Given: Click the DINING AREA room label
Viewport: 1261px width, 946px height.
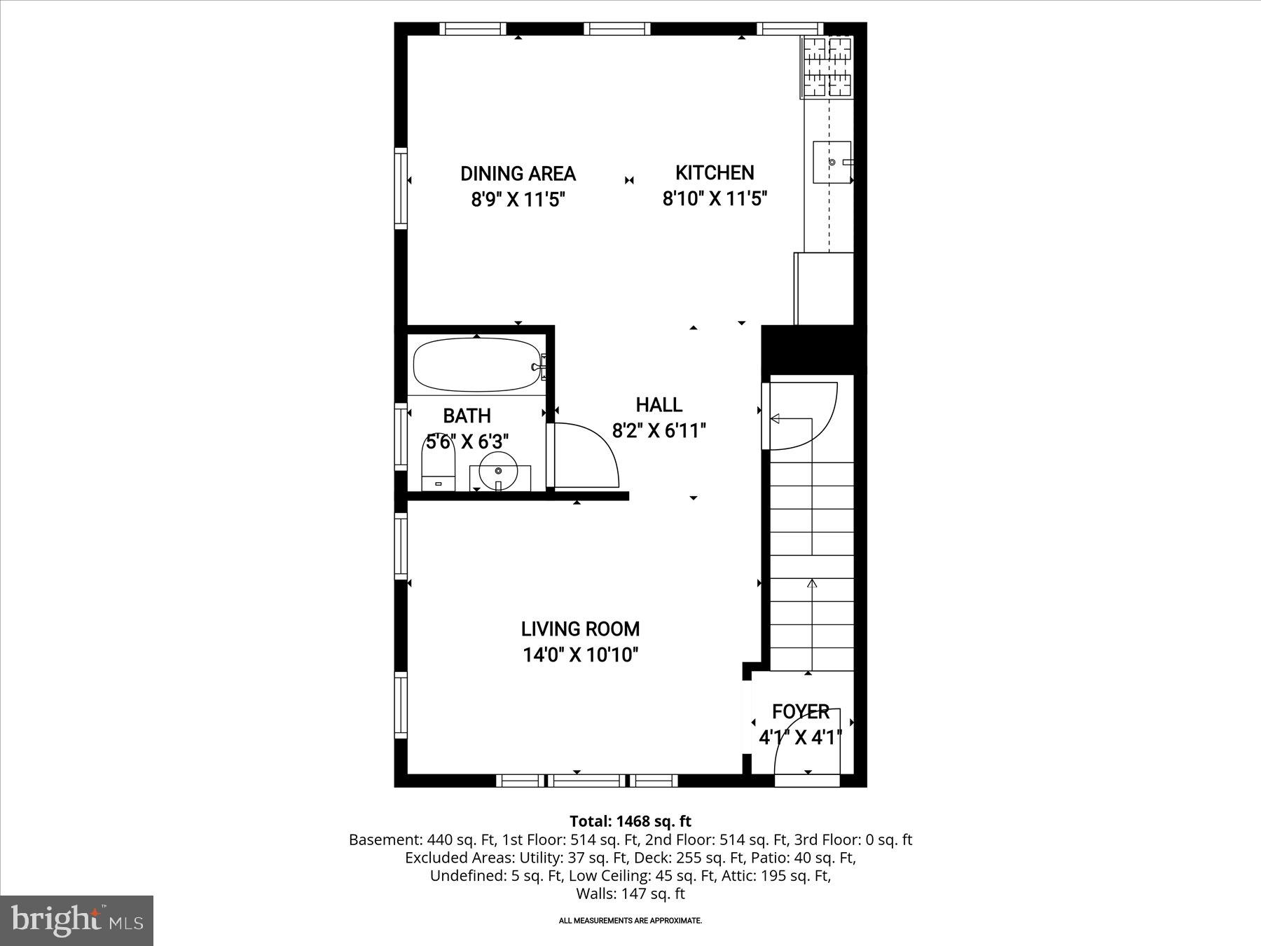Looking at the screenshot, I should click(518, 174).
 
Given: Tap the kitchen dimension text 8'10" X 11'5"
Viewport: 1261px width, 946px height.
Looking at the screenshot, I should click(715, 199).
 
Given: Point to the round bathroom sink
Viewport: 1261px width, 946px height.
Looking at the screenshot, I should click(499, 472).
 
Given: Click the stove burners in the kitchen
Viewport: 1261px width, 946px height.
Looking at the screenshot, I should click(827, 67).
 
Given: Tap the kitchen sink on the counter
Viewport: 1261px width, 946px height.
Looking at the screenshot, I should click(832, 162).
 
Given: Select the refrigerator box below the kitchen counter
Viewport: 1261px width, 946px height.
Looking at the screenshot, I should click(824, 288).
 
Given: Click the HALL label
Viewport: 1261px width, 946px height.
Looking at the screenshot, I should click(659, 405).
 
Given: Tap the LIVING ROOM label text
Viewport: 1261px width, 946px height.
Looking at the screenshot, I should click(580, 629).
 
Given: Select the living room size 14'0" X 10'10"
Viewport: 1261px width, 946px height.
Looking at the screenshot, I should click(580, 655).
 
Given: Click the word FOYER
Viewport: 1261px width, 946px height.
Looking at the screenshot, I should click(800, 712).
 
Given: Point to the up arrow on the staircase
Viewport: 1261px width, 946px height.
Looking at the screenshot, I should click(812, 583).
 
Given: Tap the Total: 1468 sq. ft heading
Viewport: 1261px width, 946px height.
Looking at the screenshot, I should click(630, 821).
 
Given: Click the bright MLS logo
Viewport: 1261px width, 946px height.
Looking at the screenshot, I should click(76, 920).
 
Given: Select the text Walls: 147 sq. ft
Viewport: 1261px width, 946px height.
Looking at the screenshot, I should click(630, 894).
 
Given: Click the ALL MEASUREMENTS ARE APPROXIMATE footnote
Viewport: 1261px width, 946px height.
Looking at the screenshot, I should click(630, 921).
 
